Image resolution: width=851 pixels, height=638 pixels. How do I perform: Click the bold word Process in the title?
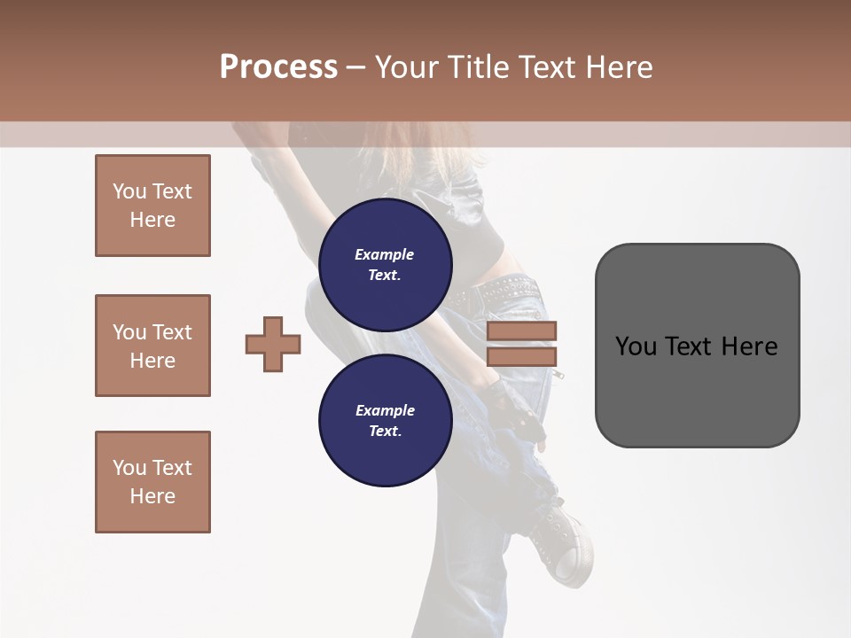(x=278, y=67)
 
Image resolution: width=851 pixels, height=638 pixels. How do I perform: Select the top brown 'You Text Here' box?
(x=152, y=206)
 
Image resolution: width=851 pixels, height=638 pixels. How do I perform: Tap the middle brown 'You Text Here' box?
(x=152, y=346)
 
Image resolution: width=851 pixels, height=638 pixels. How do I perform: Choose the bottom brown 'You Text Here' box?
(x=152, y=482)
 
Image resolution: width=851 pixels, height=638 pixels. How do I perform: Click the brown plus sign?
(x=273, y=344)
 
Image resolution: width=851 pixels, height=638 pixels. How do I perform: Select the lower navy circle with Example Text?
(x=385, y=420)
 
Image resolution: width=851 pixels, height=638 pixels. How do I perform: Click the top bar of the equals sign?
(x=522, y=331)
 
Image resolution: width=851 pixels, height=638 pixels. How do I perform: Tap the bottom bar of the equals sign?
(x=522, y=356)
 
